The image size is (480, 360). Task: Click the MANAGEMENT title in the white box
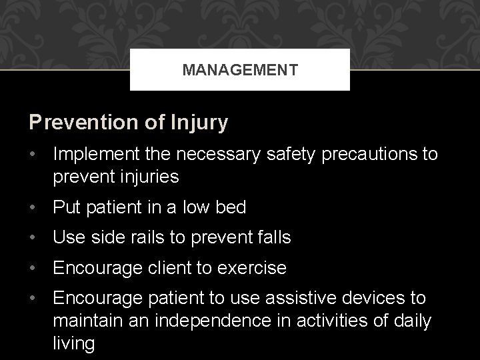pyautogui.click(x=240, y=69)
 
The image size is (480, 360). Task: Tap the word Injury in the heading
pyautogui.click(x=199, y=123)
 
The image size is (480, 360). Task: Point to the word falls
pyautogui.click(x=271, y=238)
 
